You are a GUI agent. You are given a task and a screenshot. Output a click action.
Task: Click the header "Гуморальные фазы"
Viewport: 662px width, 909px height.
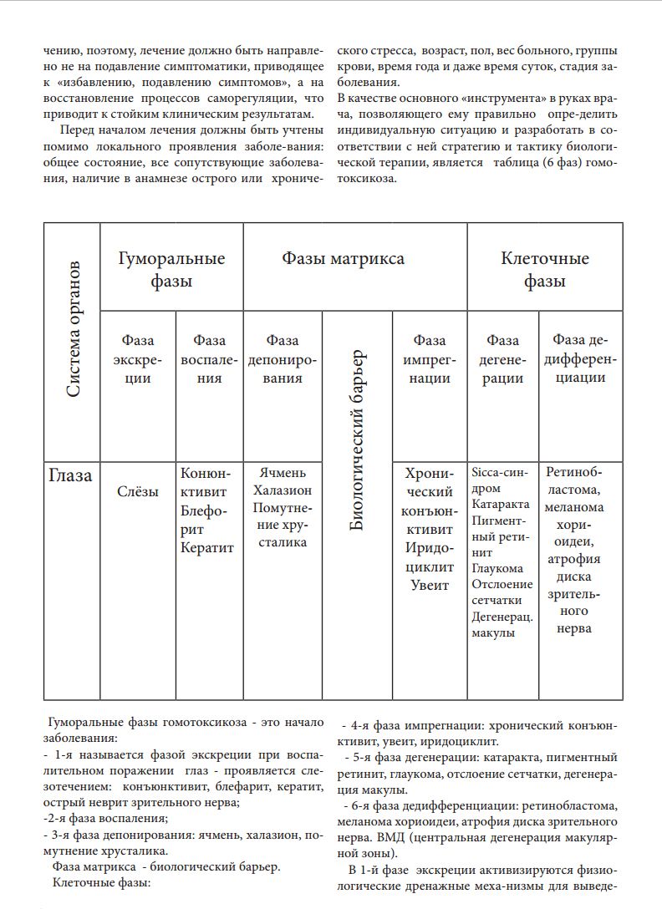tap(171, 269)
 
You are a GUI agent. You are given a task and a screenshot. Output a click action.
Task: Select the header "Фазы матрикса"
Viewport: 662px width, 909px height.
tap(343, 258)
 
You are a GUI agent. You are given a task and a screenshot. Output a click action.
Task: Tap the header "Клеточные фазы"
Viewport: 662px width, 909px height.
tap(544, 269)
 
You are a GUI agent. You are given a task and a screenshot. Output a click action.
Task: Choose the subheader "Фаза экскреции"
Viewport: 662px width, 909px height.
tap(138, 359)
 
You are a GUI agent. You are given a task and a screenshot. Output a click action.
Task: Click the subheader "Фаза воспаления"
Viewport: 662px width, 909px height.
tap(209, 359)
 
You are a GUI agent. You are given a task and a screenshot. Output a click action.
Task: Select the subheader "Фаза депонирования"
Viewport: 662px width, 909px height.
tap(283, 359)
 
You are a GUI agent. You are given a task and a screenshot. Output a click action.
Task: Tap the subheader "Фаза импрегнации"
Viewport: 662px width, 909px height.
tap(430, 359)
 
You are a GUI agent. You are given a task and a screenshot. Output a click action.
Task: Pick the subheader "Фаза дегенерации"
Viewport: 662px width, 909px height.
tap(503, 359)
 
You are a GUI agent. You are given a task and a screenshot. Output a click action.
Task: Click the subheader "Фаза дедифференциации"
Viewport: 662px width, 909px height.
tap(583, 359)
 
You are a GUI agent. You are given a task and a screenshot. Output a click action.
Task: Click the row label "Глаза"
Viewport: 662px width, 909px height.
tap(70, 477)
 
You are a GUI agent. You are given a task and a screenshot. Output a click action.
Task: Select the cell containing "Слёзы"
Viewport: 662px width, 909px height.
tap(138, 492)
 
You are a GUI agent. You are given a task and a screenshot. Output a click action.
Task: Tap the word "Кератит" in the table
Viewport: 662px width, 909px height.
tap(207, 548)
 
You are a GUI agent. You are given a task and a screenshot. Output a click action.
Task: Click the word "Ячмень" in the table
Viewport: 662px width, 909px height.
tap(283, 473)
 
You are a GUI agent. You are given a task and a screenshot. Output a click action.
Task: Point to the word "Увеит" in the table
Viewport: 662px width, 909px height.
tap(430, 585)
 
